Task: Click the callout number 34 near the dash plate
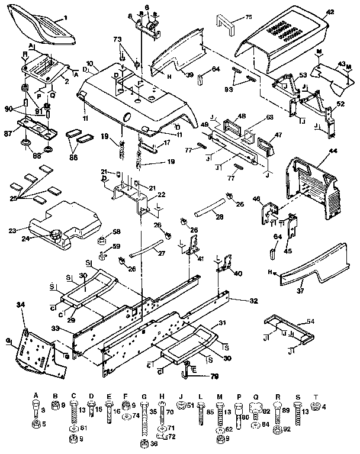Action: [x=21, y=305]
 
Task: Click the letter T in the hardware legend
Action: [x=316, y=395]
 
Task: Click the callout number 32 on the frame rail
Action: [x=253, y=301]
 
